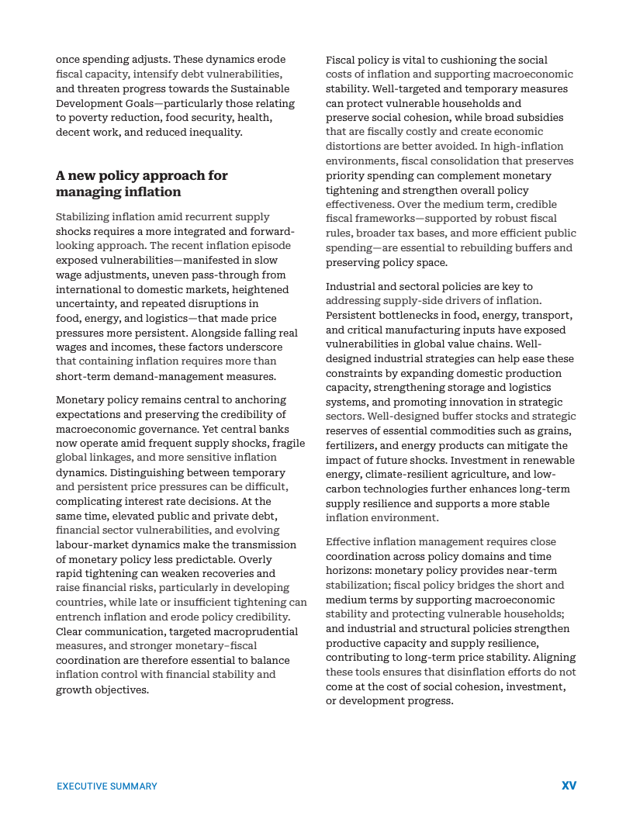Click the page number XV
pyautogui.click(x=569, y=786)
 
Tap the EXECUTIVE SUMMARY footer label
pyautogui.click(x=107, y=786)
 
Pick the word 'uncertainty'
pyautogui.click(x=85, y=304)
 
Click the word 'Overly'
pyautogui.click(x=256, y=559)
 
